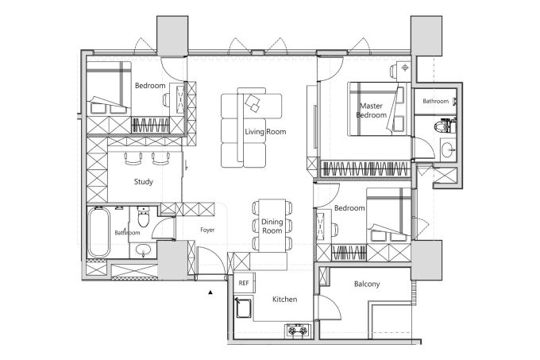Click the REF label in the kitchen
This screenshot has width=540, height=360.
(x=244, y=283)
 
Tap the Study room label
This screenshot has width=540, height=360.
(x=143, y=181)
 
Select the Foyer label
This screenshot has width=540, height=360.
(x=207, y=230)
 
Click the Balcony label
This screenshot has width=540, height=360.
(x=367, y=284)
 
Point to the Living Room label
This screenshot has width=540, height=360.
(x=265, y=132)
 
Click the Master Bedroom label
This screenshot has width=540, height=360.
(x=372, y=110)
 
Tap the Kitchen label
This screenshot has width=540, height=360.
(x=285, y=299)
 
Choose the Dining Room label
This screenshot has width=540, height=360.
(x=272, y=226)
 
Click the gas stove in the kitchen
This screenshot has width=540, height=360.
(x=298, y=331)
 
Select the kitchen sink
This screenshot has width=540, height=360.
(x=243, y=308)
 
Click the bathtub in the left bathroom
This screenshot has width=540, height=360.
(x=98, y=232)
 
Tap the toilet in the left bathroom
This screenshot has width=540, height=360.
(x=143, y=216)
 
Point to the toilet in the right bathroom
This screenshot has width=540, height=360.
(x=444, y=126)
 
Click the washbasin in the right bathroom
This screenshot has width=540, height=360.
(x=449, y=149)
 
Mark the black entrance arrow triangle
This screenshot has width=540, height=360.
(x=210, y=292)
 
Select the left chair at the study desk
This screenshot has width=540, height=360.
(x=133, y=158)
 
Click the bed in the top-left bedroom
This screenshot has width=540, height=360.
(x=109, y=88)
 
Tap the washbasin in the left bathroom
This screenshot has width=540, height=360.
(x=143, y=250)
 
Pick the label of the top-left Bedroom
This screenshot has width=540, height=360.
(x=150, y=86)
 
